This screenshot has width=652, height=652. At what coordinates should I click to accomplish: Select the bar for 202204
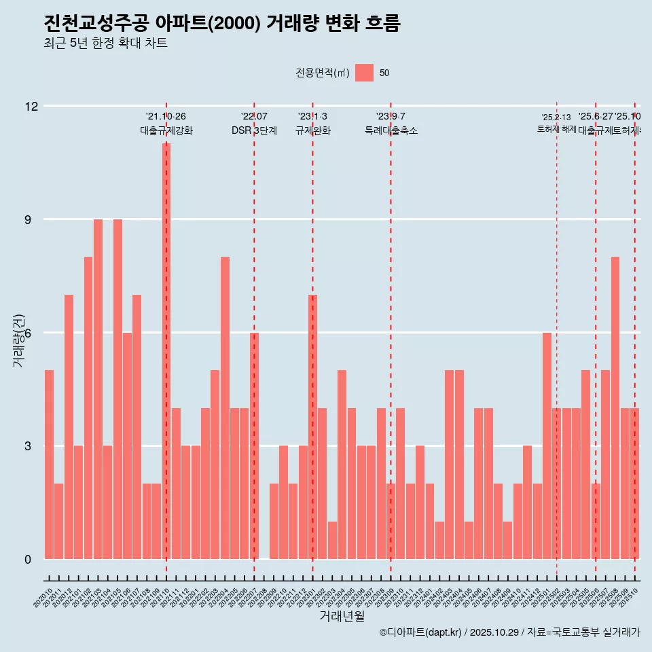tap(225, 407)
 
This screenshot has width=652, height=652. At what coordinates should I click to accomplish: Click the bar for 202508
tap(615, 407)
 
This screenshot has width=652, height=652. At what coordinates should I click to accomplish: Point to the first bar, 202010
tap(49, 465)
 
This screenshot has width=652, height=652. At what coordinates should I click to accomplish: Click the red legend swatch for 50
tap(364, 73)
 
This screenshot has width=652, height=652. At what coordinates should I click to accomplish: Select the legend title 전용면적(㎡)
tap(323, 73)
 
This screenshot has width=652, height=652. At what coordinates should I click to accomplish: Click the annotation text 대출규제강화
tap(166, 130)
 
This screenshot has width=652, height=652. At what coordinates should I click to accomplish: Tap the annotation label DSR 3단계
tap(254, 130)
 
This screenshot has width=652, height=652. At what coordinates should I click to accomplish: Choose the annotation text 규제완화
tap(312, 130)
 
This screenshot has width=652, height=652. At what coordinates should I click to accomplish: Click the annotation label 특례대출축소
tap(391, 130)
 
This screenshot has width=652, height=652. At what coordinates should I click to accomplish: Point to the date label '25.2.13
tap(556, 117)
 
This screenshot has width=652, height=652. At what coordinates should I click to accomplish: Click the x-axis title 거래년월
tap(342, 617)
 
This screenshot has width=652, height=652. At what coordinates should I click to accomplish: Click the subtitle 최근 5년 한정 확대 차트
tap(105, 43)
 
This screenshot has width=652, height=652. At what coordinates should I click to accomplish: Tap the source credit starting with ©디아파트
tap(509, 632)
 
